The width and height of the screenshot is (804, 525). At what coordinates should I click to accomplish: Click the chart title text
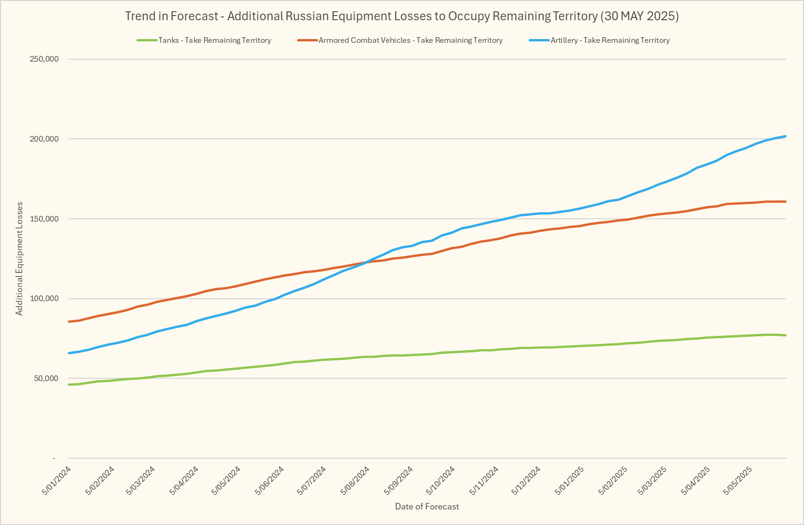coord(402,16)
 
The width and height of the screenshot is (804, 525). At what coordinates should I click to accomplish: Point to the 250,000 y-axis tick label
coord(44,59)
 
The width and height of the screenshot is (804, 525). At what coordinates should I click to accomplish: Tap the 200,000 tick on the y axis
coord(44,139)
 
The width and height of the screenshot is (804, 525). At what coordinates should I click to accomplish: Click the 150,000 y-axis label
coord(44,219)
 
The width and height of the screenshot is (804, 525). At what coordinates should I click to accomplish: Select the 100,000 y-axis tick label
coord(44,299)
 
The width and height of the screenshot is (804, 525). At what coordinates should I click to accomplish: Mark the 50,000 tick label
coord(46,379)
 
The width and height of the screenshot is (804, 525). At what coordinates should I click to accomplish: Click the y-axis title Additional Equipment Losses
coord(19,259)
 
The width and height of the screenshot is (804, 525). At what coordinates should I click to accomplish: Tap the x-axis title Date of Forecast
coord(427,507)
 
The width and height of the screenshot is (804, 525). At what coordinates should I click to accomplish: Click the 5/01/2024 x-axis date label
coord(57,480)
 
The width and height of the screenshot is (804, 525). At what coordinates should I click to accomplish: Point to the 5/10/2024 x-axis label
coord(441,480)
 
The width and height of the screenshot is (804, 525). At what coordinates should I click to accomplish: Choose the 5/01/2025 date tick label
coord(570,480)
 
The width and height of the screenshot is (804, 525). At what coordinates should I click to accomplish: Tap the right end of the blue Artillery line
coord(786,136)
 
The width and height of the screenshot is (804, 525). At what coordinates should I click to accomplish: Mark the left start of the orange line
coord(69,321)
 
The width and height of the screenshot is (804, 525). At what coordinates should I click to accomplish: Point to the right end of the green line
coord(786,335)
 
